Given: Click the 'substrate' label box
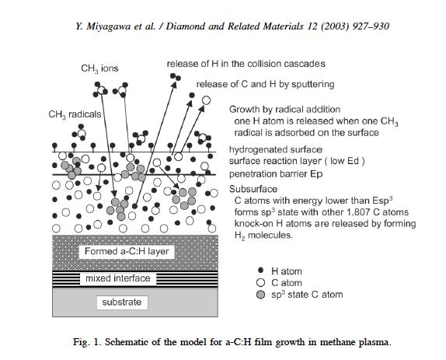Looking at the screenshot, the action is coord(122,302).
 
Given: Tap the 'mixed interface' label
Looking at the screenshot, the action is coord(118,278).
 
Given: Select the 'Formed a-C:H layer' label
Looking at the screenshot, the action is coord(127,251).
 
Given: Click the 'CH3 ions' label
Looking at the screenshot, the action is coord(99,68).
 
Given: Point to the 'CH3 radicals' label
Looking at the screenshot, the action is coord(75,114).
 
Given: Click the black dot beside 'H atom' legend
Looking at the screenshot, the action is coord(260,270).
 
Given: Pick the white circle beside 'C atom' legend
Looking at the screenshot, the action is coord(260,283).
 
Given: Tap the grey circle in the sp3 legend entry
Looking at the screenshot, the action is coord(260,295).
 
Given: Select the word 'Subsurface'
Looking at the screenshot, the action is coord(253,189).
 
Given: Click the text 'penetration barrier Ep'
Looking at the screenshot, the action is coord(276,174).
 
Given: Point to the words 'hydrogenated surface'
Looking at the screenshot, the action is coord(276,150).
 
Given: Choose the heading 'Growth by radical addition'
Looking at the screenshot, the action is coord(284,110).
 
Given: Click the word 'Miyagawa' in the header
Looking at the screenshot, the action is coord(108,26).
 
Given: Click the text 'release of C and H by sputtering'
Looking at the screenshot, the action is coord(265,84).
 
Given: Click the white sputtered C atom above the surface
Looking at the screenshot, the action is coord(206,100).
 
